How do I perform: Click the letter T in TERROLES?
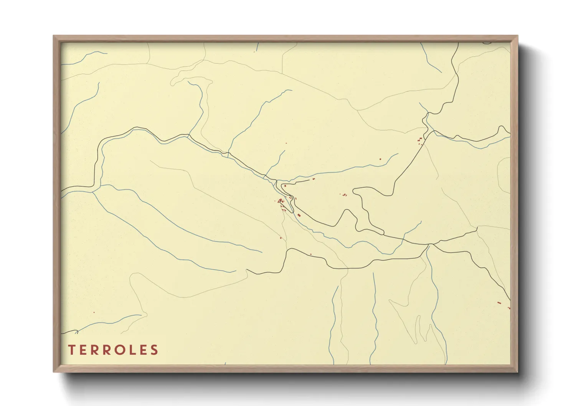coord(72,350)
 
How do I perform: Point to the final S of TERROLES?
coord(154,350)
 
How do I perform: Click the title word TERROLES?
coord(113,350)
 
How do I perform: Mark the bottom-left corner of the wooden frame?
coord(54,371)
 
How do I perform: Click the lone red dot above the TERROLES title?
coord(94,312)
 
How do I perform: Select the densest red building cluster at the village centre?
coord(281,201)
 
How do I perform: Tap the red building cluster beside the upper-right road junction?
coord(420,140)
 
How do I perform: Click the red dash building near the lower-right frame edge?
coord(499,303)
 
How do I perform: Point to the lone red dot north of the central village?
coord(286,143)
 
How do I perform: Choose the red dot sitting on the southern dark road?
coord(310,254)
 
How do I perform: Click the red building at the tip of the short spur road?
coord(314,179)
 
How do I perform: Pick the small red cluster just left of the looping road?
coord(344,195)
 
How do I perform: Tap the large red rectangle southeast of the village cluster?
coord(299,215)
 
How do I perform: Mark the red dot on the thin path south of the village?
coord(281,238)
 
